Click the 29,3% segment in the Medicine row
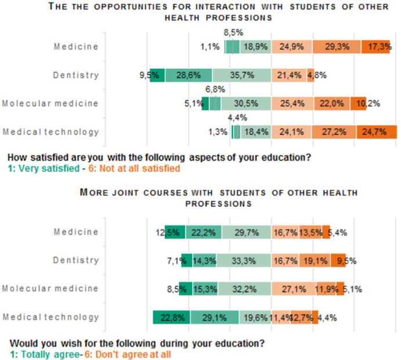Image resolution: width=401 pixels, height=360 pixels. click(337, 47)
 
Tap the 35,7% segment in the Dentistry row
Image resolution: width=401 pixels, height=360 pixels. click(241, 75)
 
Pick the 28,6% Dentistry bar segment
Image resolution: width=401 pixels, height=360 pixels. click(189, 75)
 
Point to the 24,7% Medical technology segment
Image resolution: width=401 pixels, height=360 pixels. click(376, 132)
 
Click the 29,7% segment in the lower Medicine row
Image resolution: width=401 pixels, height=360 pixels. click(250, 232)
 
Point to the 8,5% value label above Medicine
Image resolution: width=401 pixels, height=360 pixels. click(233, 33)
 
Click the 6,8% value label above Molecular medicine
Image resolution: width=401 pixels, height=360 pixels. click(215, 89)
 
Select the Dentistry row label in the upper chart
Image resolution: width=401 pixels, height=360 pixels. click(76, 75)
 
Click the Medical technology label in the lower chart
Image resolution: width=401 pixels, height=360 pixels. click(51, 317)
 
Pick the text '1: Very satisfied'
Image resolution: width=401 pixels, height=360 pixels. click(44, 168)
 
